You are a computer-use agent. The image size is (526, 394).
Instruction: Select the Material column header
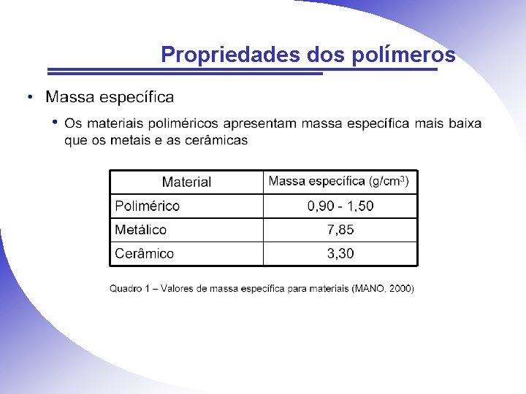tap(186, 182)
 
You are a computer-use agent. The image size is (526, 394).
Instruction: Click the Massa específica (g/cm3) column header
tap(339, 181)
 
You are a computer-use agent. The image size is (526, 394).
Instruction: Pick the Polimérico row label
tap(147, 206)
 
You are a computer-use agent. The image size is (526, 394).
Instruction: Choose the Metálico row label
tap(140, 230)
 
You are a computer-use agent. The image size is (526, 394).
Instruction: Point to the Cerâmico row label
tap(144, 254)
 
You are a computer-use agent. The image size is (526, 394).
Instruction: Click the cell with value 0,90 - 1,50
tap(340, 206)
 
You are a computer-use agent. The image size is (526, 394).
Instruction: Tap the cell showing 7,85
tap(340, 230)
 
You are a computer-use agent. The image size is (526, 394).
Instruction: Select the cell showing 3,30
tap(340, 254)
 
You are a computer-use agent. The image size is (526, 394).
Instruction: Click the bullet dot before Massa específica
tap(29, 97)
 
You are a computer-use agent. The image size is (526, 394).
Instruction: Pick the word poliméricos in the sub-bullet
tap(184, 123)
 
